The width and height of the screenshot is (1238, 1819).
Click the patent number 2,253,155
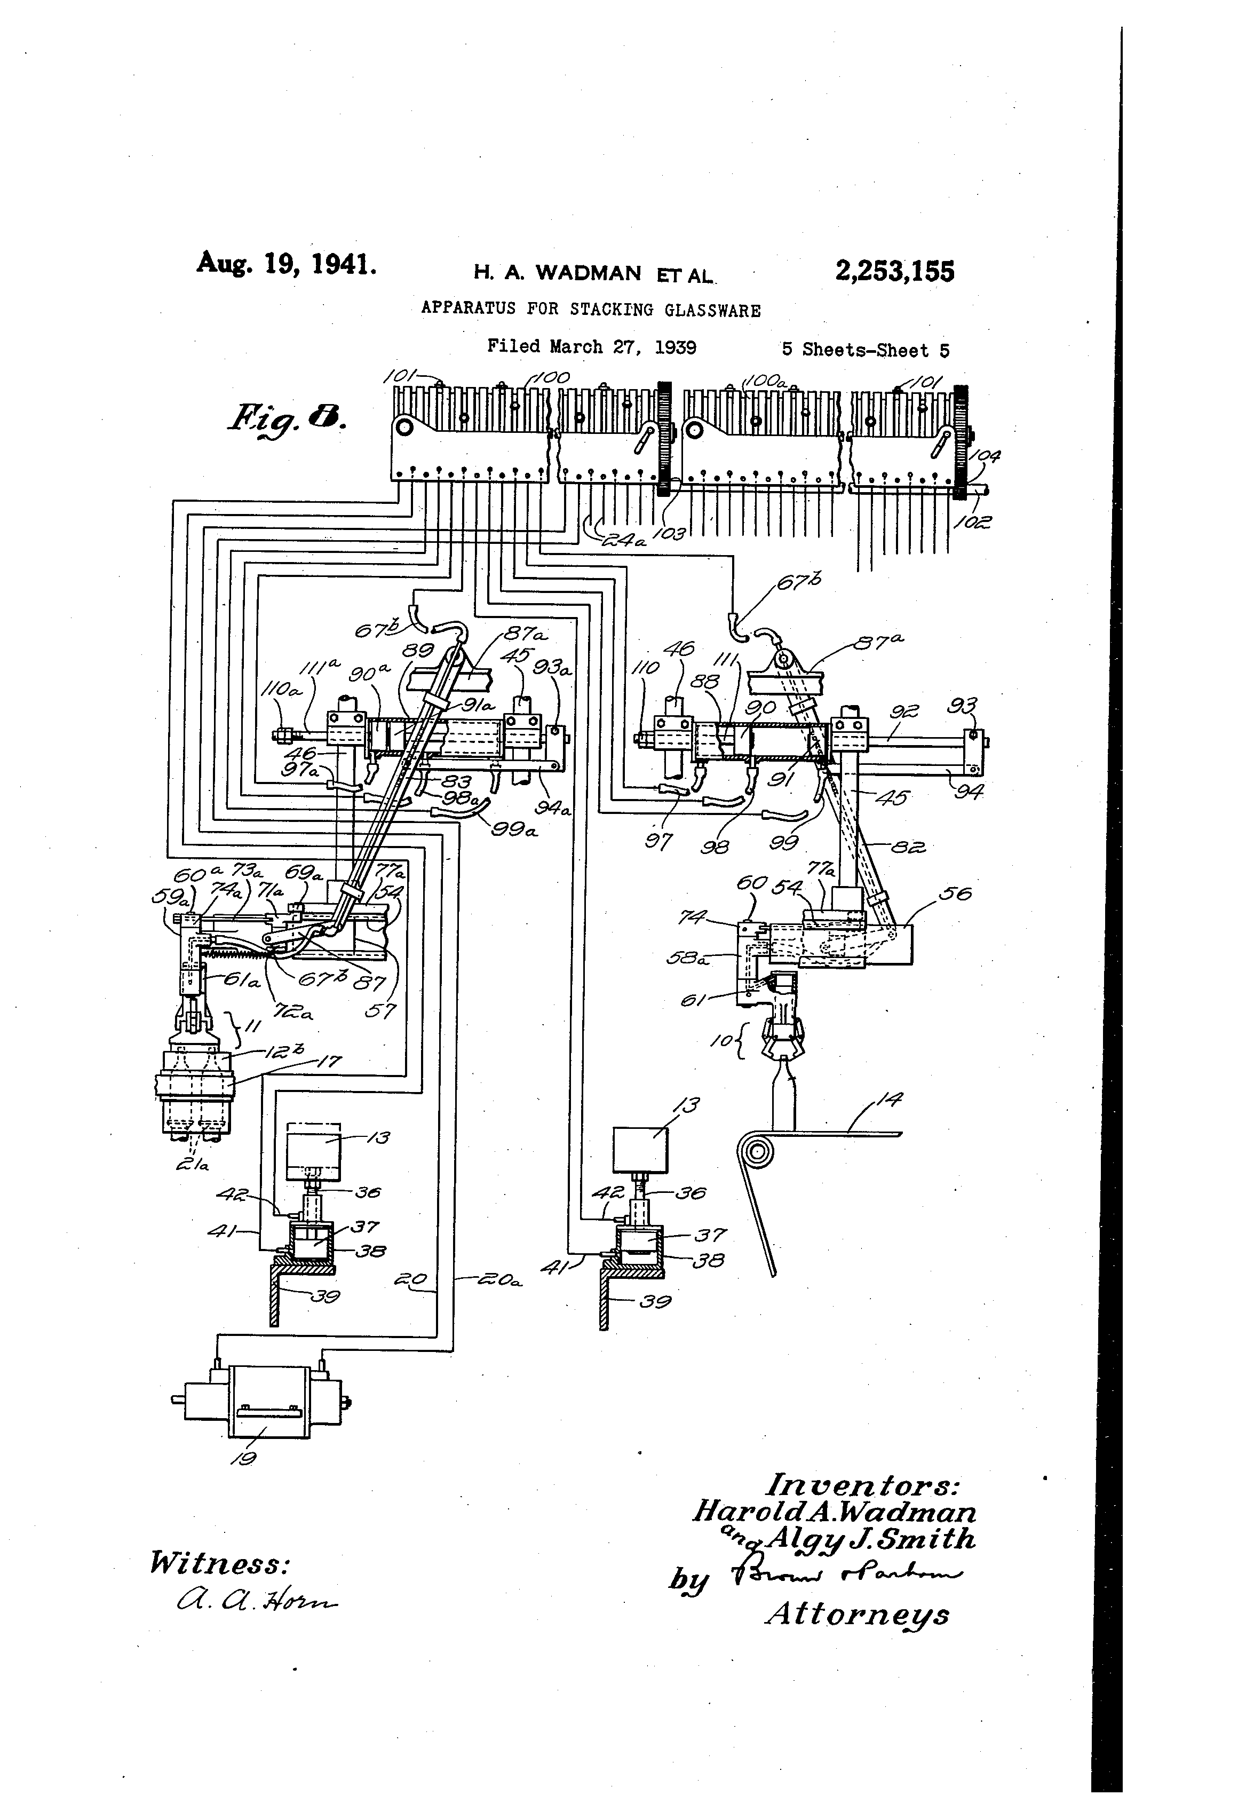pos(894,272)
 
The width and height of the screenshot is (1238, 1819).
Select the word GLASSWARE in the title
pos(712,310)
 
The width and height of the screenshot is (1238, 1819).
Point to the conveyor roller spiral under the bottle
pos(757,1153)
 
